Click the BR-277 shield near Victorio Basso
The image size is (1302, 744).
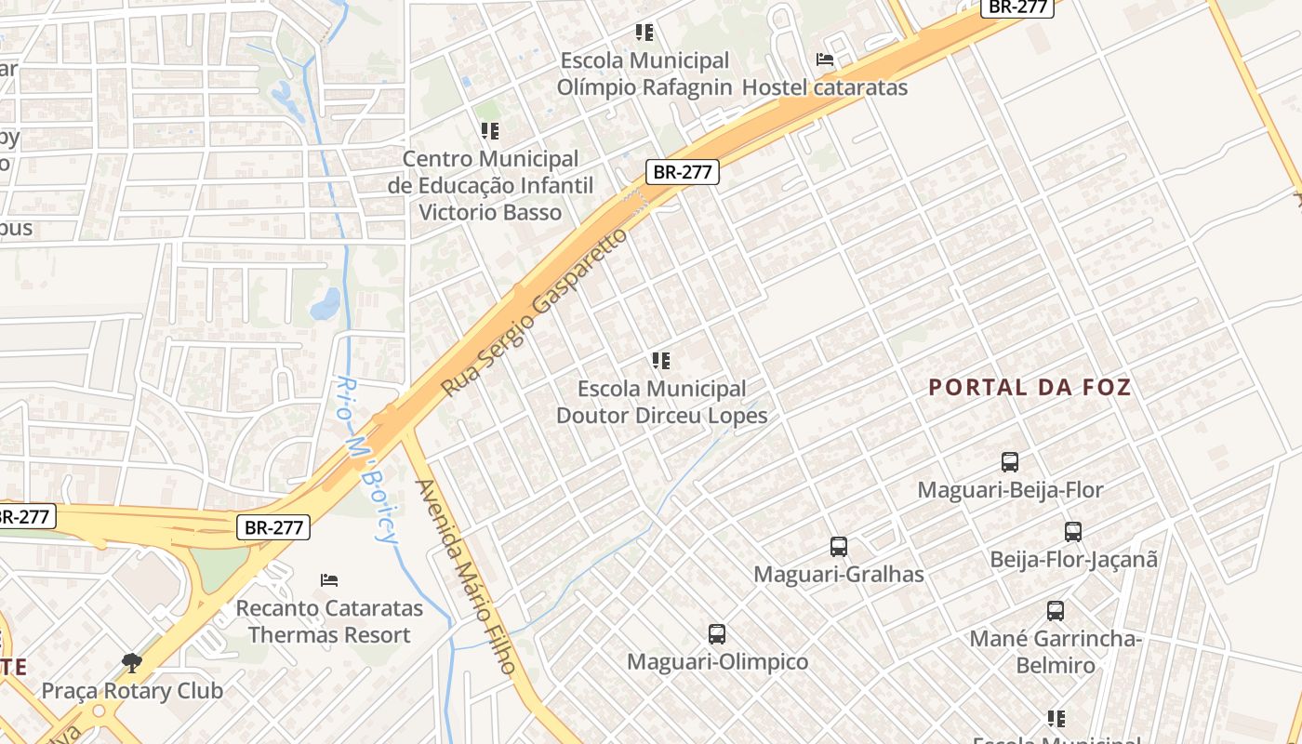click(x=683, y=172)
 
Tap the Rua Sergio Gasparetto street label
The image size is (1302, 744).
click(x=534, y=312)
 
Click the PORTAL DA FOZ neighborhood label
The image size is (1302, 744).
click(x=1030, y=388)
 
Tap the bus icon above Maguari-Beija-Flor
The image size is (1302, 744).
click(x=1010, y=461)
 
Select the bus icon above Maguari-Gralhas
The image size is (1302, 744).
click(x=839, y=547)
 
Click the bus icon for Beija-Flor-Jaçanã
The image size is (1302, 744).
click(x=1073, y=532)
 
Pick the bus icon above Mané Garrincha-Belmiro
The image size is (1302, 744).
click(x=1056, y=611)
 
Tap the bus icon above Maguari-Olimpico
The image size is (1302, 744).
click(x=717, y=634)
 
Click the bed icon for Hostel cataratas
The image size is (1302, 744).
click(x=824, y=60)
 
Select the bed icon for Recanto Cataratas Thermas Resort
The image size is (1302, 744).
click(x=329, y=580)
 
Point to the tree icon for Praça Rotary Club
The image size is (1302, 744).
click(x=132, y=663)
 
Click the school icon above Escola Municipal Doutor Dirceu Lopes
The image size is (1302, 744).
click(x=661, y=361)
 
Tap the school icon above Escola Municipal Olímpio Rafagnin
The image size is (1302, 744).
click(x=644, y=33)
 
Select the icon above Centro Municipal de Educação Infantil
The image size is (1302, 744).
click(x=490, y=132)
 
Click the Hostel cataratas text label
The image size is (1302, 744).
click(x=824, y=87)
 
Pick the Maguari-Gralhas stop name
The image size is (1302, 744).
click(x=839, y=575)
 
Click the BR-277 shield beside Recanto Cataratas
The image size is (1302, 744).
click(x=273, y=527)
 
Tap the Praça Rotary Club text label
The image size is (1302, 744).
click(x=132, y=691)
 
